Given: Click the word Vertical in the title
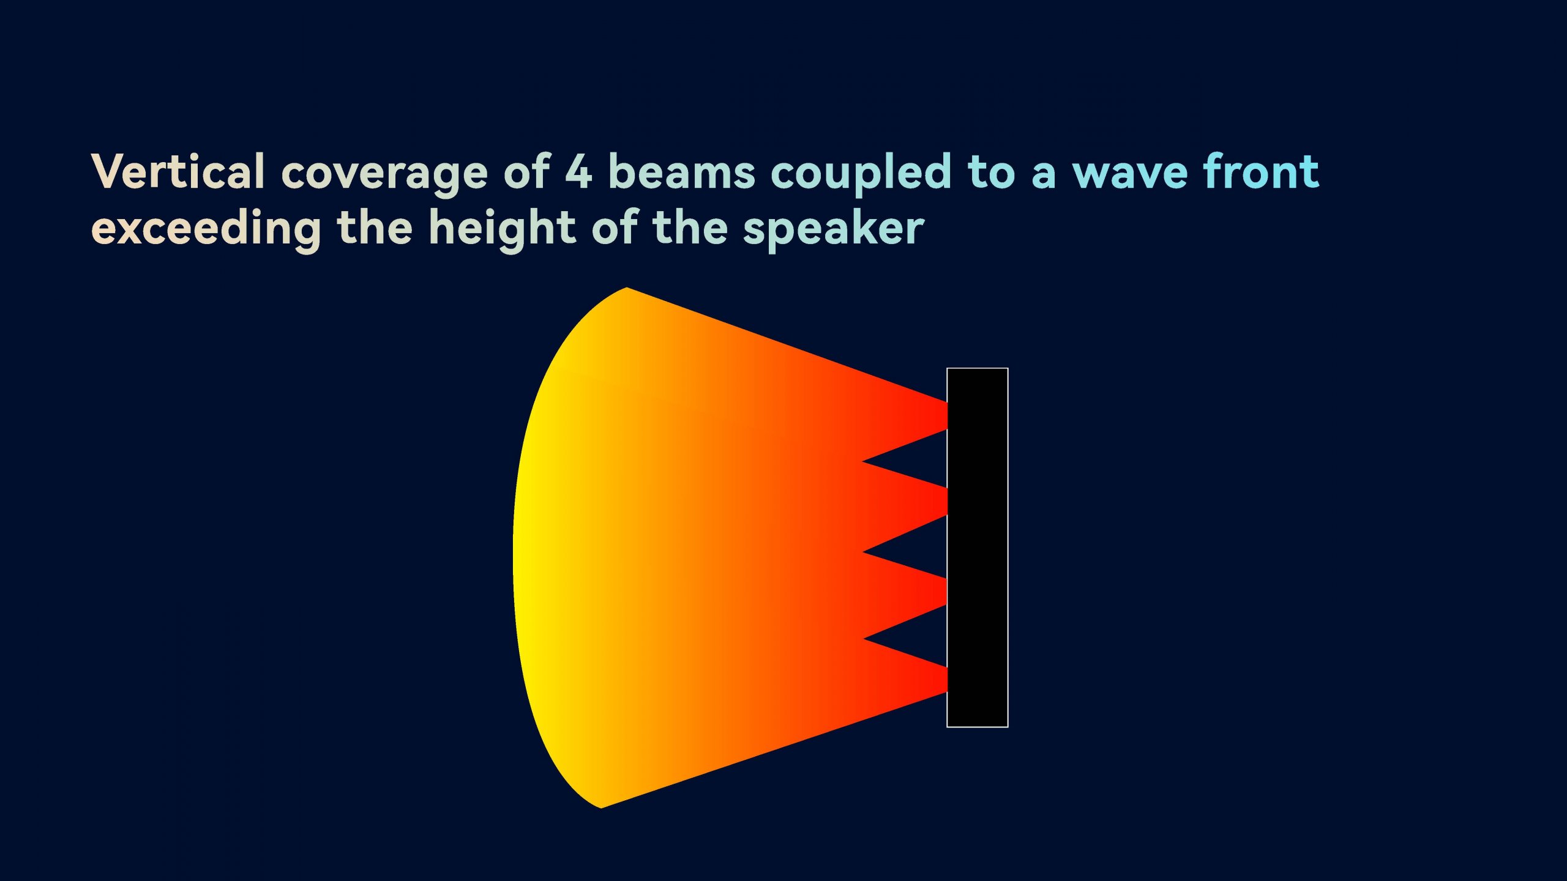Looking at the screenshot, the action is (x=178, y=171).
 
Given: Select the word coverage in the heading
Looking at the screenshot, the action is (x=384, y=176).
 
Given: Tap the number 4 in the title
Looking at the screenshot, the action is (x=578, y=171).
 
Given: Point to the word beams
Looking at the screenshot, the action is (x=682, y=171).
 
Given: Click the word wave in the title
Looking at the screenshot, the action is (x=1130, y=175).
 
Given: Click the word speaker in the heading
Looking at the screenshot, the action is (x=833, y=231).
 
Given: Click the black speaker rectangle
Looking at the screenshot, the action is (x=978, y=548).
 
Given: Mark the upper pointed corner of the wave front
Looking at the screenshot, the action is (x=627, y=287).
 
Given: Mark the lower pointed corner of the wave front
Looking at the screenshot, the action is (x=601, y=808).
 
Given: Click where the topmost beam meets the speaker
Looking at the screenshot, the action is (x=946, y=416).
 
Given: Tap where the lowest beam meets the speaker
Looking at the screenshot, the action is (x=946, y=680).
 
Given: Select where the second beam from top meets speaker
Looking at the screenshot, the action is (x=946, y=502).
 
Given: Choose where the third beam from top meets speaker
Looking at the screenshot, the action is (x=946, y=592).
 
